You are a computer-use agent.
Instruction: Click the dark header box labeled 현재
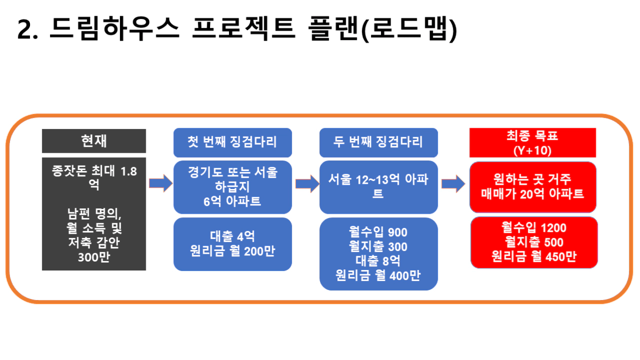[x=94, y=141]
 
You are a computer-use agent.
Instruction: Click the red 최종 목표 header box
[x=533, y=143]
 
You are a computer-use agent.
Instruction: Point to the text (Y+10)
[x=533, y=151]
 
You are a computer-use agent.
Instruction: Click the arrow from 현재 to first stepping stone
[x=161, y=183]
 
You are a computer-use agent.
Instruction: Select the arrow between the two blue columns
[x=307, y=184]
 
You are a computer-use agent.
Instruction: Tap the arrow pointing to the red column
[x=454, y=184]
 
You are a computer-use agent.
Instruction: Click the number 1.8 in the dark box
[x=128, y=172]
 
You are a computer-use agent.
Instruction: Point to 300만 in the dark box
[x=94, y=257]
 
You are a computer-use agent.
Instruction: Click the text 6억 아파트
[x=232, y=202]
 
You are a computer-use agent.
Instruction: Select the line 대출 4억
[x=232, y=236]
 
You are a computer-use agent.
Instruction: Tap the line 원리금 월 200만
[x=232, y=251]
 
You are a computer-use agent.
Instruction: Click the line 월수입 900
[x=378, y=232]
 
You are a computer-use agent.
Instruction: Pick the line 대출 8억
[x=378, y=261]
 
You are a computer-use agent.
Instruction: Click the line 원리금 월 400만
[x=378, y=275]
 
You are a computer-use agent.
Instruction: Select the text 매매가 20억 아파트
[x=533, y=194]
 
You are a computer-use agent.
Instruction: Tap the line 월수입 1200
[x=534, y=228]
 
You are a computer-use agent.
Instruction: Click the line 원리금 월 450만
[x=534, y=256]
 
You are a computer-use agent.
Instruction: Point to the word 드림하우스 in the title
[x=114, y=28]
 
